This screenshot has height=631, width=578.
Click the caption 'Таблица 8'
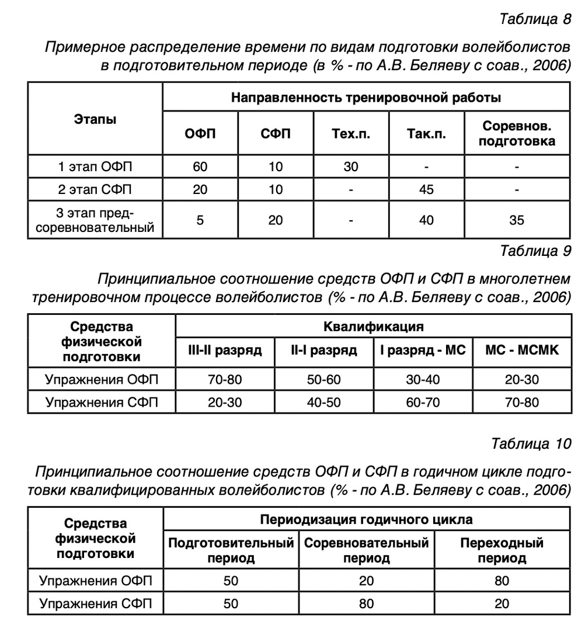[535, 19]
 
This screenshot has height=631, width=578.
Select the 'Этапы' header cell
[95, 119]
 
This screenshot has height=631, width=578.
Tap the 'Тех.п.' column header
[350, 133]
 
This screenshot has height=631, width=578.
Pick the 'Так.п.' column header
[426, 133]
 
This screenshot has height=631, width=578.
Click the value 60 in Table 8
[200, 167]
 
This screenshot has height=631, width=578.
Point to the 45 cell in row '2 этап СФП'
[426, 189]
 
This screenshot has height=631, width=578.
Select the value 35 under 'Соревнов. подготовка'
[516, 220]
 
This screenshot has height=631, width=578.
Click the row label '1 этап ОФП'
[95, 167]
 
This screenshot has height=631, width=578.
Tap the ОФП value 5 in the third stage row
[200, 220]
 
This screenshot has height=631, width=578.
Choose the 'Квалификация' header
[374, 326]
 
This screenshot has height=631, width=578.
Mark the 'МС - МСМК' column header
[522, 350]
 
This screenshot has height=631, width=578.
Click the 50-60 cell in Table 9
[324, 380]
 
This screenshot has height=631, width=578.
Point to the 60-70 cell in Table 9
[423, 402]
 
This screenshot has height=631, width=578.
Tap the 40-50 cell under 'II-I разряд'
[324, 402]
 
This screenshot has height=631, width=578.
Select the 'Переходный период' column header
[502, 550]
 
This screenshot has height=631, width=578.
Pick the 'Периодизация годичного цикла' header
[366, 519]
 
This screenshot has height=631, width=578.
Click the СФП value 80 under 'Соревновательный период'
[366, 604]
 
